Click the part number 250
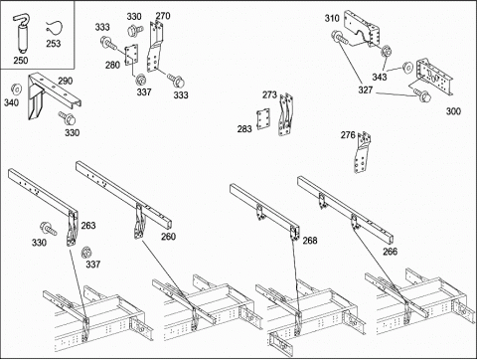[21, 61]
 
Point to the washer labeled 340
[16, 89]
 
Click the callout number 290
[66, 81]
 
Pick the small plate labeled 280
[131, 55]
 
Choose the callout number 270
[163, 16]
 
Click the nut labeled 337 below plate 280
[141, 80]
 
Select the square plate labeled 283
[263, 119]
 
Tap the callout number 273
[269, 95]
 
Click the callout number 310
[332, 18]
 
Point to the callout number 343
[380, 77]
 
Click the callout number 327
[366, 90]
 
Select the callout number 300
[453, 111]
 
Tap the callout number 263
[88, 226]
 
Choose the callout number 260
[168, 237]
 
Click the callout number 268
[310, 241]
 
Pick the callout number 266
[390, 252]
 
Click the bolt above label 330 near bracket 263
[49, 229]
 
